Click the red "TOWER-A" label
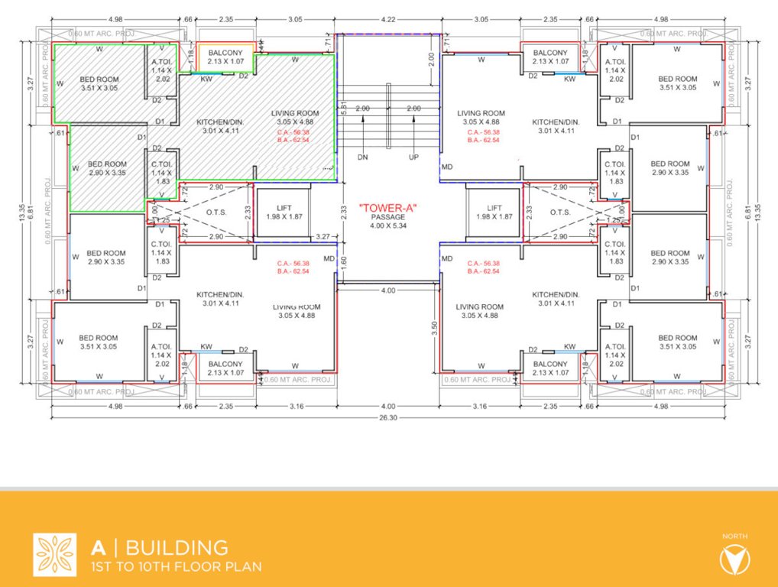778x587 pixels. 388,207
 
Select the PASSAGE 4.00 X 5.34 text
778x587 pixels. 388,222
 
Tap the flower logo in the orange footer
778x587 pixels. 54,554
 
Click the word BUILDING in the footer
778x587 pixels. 177,547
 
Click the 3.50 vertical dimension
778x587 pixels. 434,324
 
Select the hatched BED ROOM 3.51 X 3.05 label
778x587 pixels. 99,83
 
